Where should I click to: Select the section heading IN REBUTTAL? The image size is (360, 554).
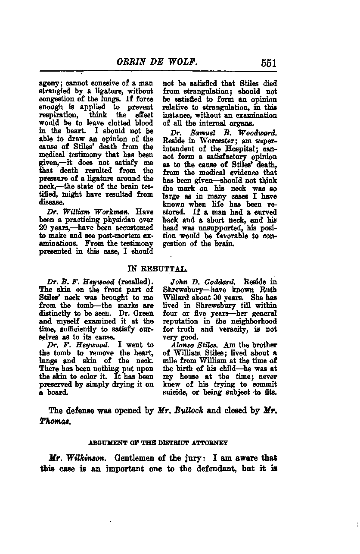pos(157,269)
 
